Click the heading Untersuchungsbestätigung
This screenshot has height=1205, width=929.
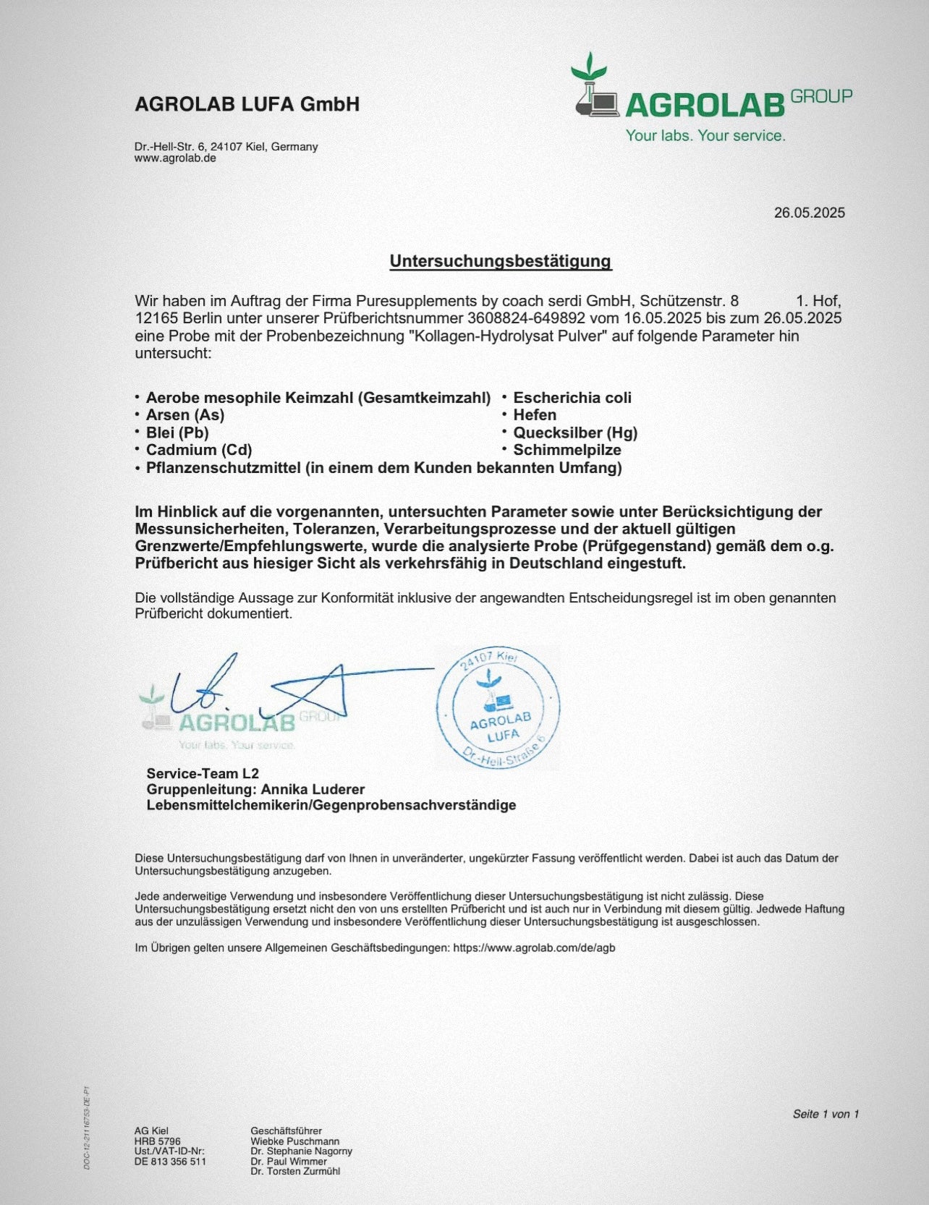501,261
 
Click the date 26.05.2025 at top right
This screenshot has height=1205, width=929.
809,213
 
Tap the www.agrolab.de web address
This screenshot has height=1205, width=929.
175,158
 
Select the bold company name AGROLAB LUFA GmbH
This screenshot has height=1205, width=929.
247,104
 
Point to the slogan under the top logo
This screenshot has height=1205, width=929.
705,136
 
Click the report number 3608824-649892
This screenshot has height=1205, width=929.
526,318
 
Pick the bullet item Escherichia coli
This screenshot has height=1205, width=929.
572,398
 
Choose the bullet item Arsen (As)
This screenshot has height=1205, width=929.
185,415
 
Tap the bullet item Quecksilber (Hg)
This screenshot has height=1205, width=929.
575,433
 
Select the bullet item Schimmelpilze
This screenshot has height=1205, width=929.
567,450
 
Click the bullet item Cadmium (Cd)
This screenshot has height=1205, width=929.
199,450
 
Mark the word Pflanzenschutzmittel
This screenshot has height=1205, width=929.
223,468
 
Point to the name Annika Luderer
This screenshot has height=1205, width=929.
313,789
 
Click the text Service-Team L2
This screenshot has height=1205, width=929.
203,773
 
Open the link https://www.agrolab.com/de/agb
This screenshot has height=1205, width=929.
534,948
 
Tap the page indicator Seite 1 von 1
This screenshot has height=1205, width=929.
826,1114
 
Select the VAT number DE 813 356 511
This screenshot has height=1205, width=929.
170,1162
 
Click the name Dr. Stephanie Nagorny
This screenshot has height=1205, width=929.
301,1151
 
